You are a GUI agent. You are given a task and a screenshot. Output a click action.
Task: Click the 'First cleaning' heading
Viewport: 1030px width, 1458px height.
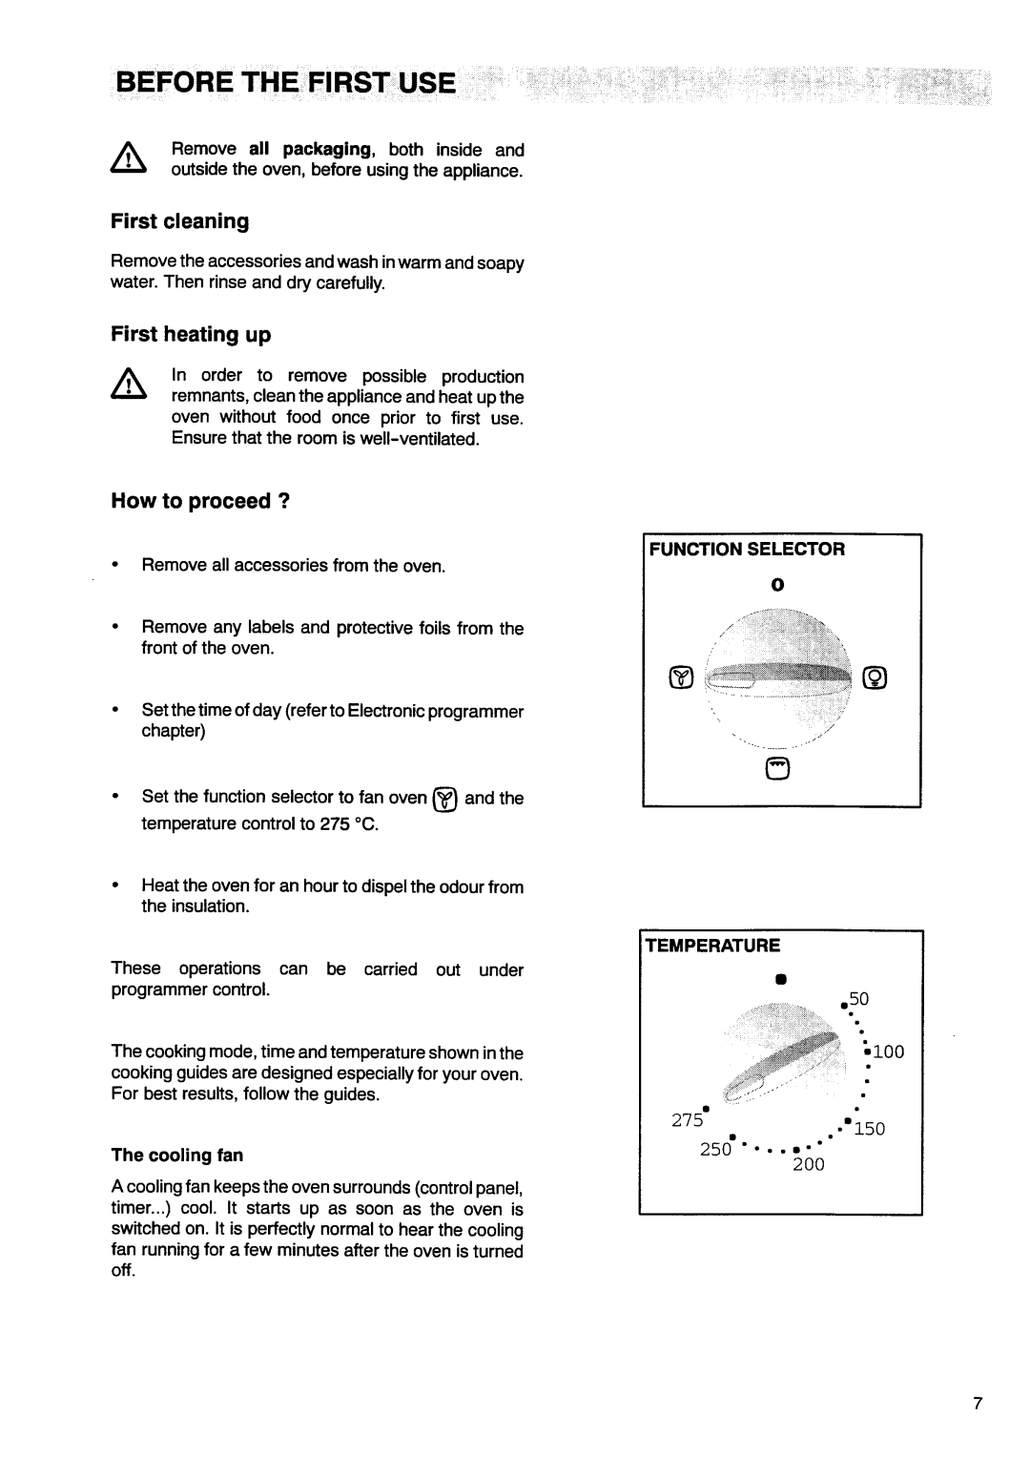click(x=179, y=221)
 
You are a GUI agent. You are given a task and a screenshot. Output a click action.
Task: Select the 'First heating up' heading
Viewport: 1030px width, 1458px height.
click(x=191, y=334)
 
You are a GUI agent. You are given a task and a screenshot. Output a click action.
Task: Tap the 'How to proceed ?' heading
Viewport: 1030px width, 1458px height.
click(x=200, y=502)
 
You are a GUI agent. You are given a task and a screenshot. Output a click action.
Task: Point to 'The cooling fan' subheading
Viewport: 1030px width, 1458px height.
click(x=177, y=1156)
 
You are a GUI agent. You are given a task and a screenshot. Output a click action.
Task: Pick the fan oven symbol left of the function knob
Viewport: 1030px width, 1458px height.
click(x=680, y=678)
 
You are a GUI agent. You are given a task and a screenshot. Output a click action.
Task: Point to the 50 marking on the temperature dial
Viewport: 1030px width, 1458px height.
click(x=859, y=999)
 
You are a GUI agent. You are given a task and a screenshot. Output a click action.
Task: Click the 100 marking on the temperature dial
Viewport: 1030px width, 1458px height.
click(x=886, y=1052)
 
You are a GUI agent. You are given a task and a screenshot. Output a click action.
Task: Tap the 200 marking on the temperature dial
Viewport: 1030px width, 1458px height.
click(x=806, y=1164)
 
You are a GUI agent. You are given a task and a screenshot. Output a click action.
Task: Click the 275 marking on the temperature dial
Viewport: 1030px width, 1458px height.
click(x=688, y=1121)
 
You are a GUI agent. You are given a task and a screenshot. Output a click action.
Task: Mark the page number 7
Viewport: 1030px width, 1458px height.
click(x=978, y=1404)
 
